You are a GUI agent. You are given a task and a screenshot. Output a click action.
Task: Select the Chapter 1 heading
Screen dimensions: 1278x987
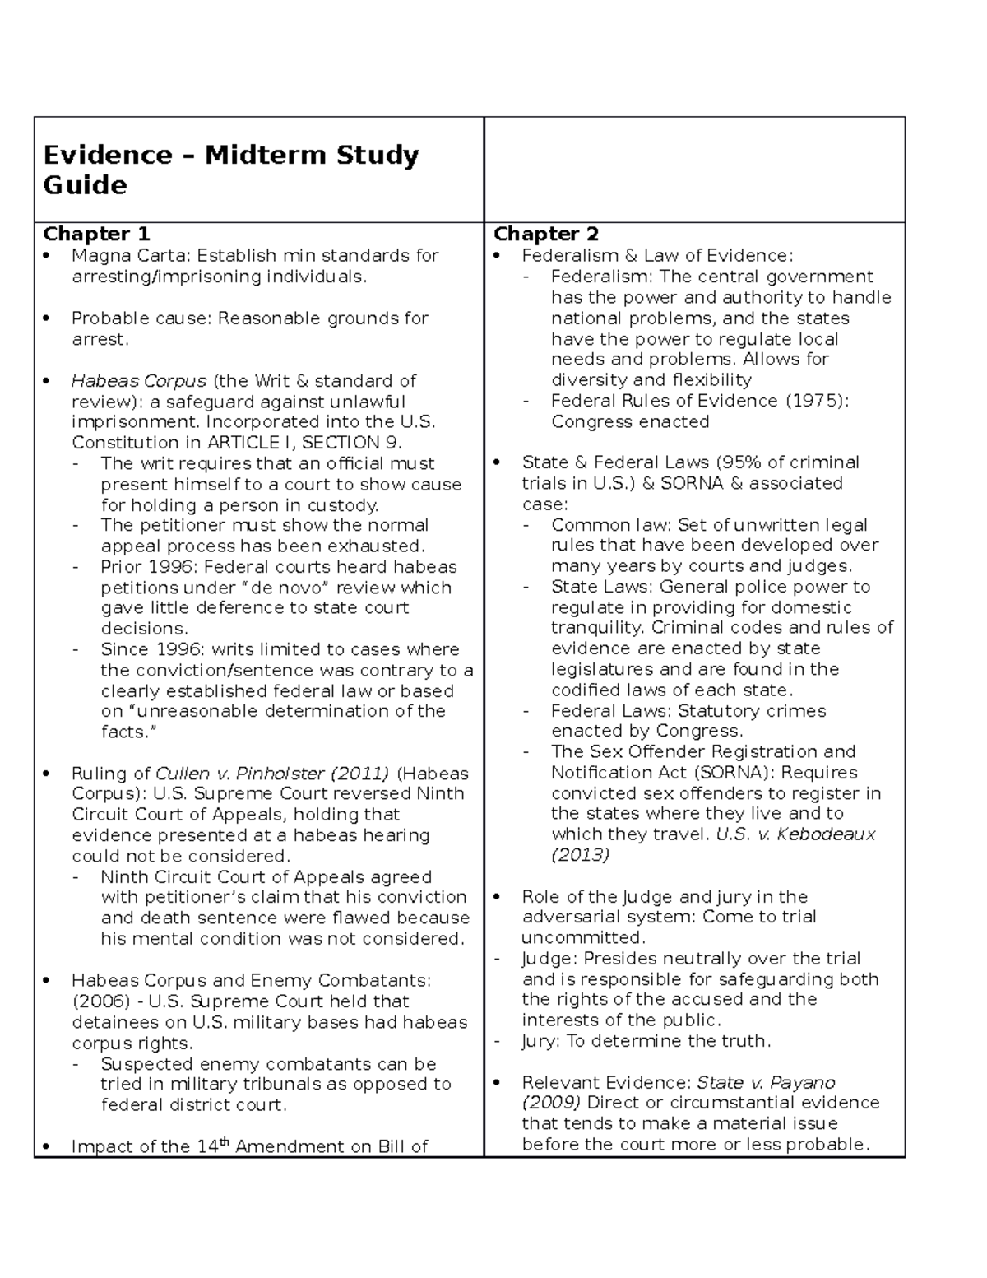pos(96,234)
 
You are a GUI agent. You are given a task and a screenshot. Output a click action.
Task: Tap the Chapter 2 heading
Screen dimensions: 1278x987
pos(546,234)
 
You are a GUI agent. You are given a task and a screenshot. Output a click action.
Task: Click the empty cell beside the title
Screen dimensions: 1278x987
pos(694,170)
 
